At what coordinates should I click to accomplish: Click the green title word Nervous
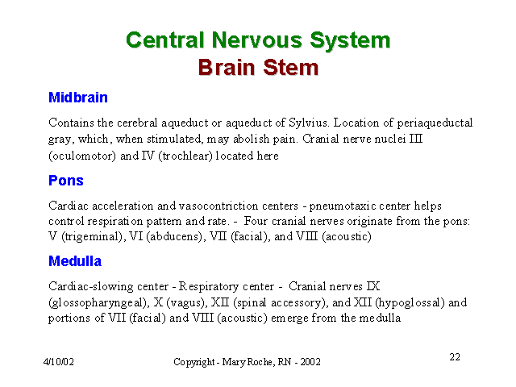click(x=256, y=40)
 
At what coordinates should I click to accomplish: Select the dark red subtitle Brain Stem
click(x=258, y=68)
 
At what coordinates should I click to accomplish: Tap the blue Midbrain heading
click(x=78, y=98)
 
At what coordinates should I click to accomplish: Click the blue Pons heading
click(x=66, y=181)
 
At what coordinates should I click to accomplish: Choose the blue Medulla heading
click(x=75, y=261)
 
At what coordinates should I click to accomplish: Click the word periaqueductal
click(x=435, y=123)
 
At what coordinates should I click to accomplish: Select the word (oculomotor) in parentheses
click(x=82, y=156)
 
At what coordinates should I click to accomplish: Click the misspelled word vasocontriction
click(x=218, y=206)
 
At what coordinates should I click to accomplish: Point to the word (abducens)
click(x=176, y=236)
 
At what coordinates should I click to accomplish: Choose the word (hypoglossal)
click(x=410, y=303)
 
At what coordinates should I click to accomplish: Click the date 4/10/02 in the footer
click(x=59, y=362)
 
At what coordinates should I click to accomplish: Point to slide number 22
click(x=455, y=357)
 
